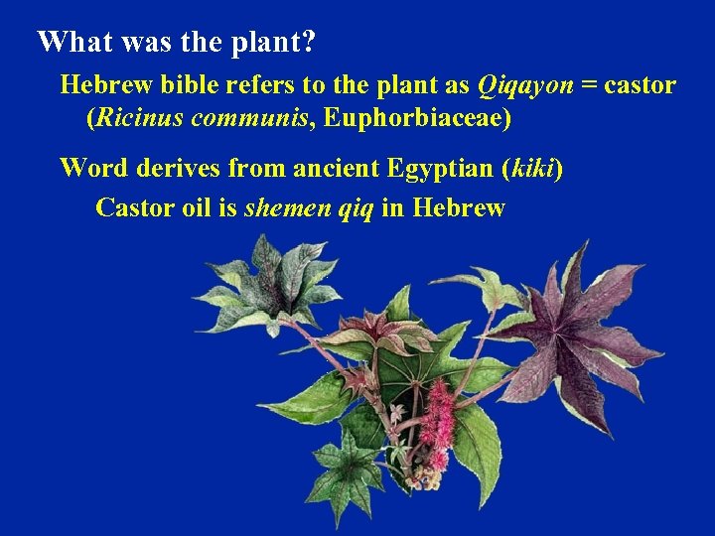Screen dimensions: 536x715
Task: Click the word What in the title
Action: pyautogui.click(x=72, y=42)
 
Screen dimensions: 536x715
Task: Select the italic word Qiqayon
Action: pyautogui.click(x=525, y=85)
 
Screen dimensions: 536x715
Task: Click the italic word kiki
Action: pyautogui.click(x=531, y=168)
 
